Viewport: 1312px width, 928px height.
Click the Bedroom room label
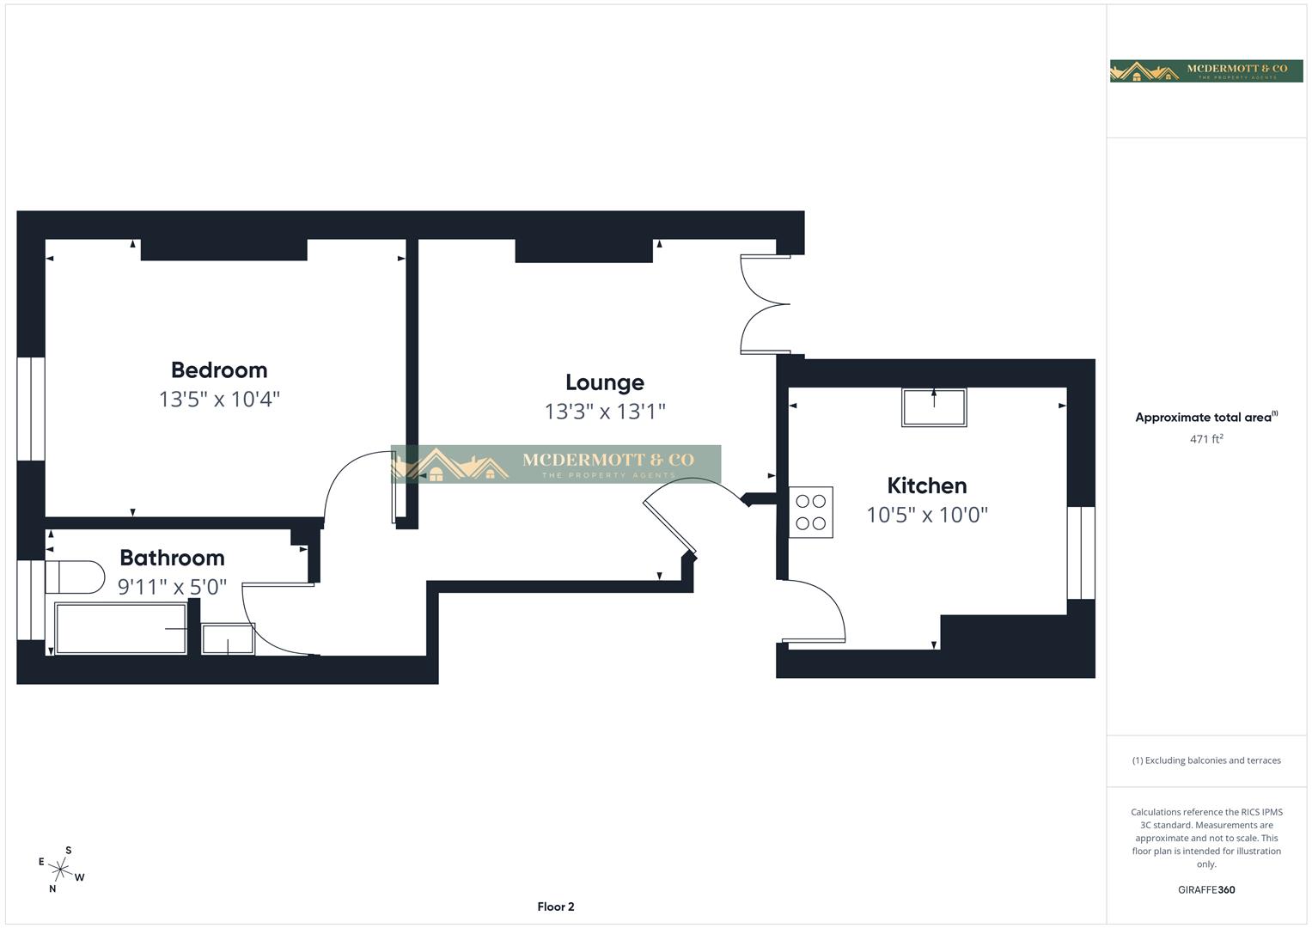pos(219,370)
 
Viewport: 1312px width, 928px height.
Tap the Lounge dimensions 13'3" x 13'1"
pos(605,412)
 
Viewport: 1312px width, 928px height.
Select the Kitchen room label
pos(926,485)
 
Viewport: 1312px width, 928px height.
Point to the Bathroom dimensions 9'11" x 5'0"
pos(172,587)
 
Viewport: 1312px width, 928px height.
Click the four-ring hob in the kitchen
pos(810,513)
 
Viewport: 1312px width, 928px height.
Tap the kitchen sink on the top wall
pos(933,407)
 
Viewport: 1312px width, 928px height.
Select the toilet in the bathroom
pos(73,577)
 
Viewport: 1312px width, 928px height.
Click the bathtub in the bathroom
pos(120,629)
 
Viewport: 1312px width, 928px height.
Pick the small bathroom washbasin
pos(228,639)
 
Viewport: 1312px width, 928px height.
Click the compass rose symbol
pos(61,870)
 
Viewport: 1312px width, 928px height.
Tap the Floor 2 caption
pos(556,907)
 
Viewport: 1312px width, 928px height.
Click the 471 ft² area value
pos(1206,439)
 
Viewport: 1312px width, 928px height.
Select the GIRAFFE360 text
pos(1206,890)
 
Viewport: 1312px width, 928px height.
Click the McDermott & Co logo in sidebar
pos(1206,70)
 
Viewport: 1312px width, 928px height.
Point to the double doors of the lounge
pos(765,303)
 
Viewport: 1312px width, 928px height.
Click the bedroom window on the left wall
pos(31,409)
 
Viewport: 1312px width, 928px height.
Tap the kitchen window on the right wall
pos(1081,553)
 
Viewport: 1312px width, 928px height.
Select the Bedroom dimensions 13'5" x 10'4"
pos(219,400)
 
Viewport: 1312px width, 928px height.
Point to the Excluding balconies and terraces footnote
pos(1206,760)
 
